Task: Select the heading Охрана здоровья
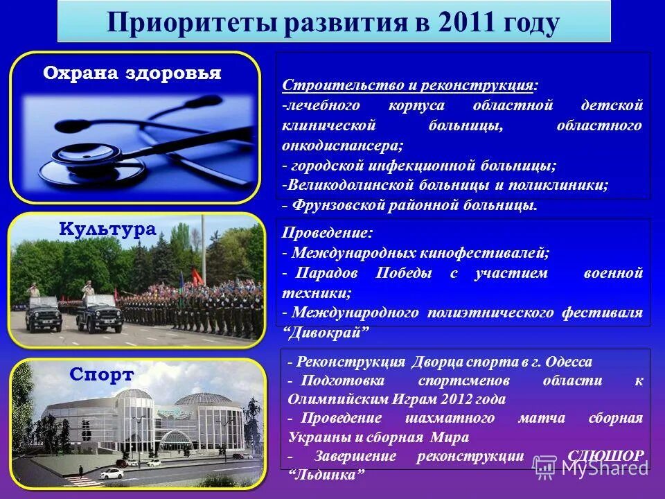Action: (132, 73)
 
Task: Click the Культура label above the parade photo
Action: (108, 229)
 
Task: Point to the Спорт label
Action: (102, 375)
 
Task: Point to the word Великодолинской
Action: (339, 186)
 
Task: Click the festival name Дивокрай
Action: (325, 333)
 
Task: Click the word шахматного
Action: (450, 419)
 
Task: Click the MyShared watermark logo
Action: (592, 466)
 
